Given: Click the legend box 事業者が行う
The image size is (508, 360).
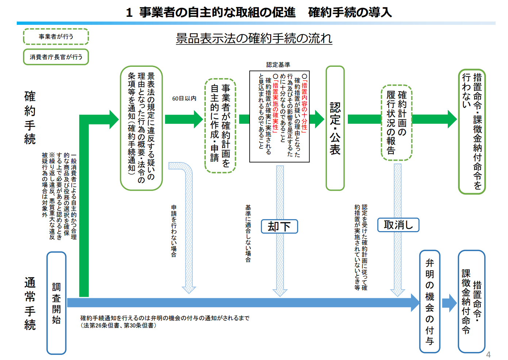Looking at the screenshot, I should tap(56, 37).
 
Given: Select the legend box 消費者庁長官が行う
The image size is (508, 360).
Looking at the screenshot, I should tap(56, 57).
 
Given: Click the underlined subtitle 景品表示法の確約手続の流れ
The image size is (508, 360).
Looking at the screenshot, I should tap(254, 38).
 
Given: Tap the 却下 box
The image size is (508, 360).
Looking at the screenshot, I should tap(279, 226).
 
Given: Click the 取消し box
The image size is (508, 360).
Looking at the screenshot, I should tap(398, 225).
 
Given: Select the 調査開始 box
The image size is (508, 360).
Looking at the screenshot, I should tap(56, 303).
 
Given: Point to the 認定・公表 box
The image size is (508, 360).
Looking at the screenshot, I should tap(335, 128).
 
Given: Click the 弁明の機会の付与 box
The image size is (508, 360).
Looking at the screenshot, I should tap(430, 302).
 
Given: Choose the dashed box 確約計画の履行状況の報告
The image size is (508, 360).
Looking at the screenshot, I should tap(396, 123).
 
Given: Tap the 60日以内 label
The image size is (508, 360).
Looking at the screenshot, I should tap(184, 99).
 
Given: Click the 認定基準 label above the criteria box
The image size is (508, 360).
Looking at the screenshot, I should tap(278, 65).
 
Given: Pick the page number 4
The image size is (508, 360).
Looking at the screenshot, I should tap(488, 355).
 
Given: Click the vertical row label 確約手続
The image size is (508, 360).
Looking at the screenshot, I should tap(30, 118).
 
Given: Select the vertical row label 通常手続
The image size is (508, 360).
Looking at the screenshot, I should tap(30, 304).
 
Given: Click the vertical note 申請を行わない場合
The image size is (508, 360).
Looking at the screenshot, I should tap(174, 231).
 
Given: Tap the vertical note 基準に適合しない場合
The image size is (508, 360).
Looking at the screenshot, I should tap(248, 234).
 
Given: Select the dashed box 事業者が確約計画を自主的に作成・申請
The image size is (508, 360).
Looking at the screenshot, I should tap(220, 126).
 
